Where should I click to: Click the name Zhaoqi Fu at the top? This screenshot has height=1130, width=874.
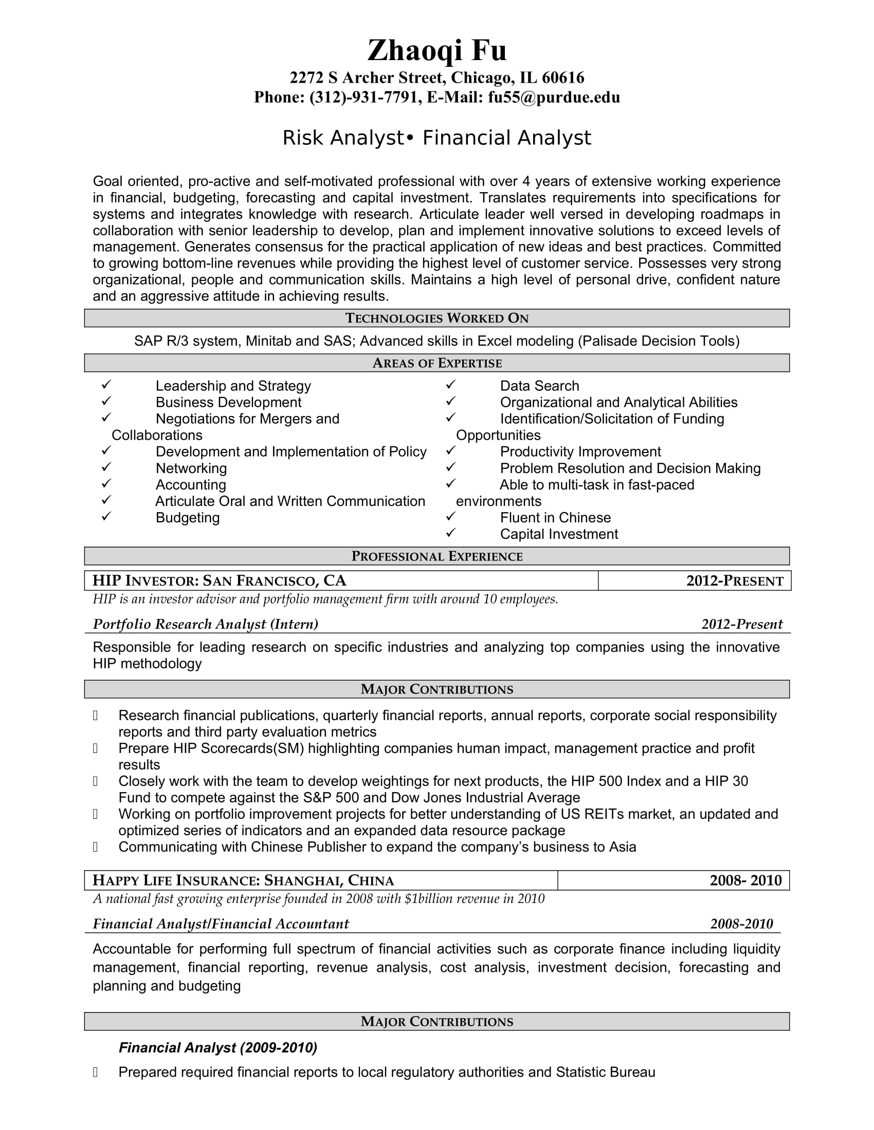click(x=436, y=50)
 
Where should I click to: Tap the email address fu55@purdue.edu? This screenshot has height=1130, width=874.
click(x=554, y=97)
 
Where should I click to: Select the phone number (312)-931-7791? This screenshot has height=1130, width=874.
click(x=366, y=97)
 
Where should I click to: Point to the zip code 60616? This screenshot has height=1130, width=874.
click(x=563, y=78)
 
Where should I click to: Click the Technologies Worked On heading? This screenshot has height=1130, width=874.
click(x=436, y=318)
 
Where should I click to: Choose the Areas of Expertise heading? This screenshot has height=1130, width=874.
click(x=436, y=363)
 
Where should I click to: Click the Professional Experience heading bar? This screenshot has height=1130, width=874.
click(x=436, y=556)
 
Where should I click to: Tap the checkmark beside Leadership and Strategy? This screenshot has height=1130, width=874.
click(x=106, y=384)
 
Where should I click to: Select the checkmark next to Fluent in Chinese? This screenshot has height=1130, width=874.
click(x=450, y=516)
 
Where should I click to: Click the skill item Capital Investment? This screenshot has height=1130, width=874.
click(x=559, y=534)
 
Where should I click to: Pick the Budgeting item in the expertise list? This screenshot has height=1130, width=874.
click(x=188, y=517)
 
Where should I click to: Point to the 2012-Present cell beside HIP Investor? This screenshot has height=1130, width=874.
click(x=734, y=580)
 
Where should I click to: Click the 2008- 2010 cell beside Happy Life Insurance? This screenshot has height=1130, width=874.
click(x=745, y=880)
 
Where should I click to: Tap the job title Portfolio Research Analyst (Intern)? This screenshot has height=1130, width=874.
click(x=205, y=624)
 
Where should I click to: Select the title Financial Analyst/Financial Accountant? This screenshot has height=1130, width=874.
click(x=221, y=924)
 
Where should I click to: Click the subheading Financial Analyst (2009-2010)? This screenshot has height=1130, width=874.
click(x=217, y=1048)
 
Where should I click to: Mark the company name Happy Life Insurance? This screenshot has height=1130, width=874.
click(x=174, y=880)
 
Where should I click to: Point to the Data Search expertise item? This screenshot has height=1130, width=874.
click(x=539, y=386)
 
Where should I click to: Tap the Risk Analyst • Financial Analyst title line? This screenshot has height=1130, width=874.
click(x=436, y=138)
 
